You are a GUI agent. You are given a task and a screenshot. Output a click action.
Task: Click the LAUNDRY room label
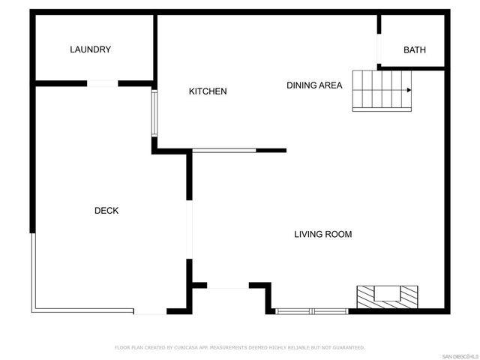[90, 49]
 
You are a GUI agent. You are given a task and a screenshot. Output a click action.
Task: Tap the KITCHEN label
[207, 91]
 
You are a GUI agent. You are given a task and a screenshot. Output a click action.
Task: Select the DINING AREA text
[314, 85]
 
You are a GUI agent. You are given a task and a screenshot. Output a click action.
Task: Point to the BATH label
[414, 50]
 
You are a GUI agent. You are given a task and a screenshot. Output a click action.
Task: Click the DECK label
[106, 211]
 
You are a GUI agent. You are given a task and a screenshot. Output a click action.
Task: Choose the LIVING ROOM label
[322, 234]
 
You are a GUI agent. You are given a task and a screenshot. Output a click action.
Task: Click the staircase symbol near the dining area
[382, 90]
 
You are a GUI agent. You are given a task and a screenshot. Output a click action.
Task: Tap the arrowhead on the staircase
[409, 90]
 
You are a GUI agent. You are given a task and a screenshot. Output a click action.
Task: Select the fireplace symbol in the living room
[387, 297]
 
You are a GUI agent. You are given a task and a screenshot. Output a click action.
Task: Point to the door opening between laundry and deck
[103, 83]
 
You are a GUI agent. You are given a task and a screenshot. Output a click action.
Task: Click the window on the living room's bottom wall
[311, 310]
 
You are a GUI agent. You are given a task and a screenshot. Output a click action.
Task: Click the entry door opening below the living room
[227, 286]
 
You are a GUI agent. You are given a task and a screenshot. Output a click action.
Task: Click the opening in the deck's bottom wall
[150, 311]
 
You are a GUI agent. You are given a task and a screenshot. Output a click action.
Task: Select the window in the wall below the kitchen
[224, 150]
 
